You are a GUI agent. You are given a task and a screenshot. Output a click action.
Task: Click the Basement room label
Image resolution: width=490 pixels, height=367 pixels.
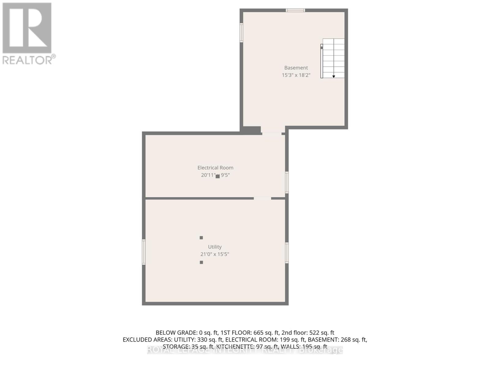[296, 68]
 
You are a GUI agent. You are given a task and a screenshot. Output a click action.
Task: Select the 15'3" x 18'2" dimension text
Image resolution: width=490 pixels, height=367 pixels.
[296, 75]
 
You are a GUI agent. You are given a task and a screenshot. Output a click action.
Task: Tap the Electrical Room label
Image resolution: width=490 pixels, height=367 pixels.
[215, 168]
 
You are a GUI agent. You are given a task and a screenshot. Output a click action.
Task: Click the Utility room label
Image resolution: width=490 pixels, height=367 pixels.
[215, 247]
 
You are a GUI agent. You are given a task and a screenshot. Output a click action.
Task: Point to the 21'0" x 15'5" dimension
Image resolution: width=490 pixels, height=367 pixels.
[215, 254]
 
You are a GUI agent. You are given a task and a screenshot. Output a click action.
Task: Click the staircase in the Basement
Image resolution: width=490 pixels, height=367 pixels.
[333, 58]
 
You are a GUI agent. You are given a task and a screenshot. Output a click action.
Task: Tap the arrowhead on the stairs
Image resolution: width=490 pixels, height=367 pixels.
[334, 76]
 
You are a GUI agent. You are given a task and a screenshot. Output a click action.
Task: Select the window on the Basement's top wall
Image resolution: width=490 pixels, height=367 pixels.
[295, 10]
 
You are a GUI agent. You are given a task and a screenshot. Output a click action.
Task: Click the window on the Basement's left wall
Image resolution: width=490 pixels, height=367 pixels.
[241, 33]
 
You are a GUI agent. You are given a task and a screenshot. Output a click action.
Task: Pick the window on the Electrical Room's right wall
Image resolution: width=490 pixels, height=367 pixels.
[287, 182]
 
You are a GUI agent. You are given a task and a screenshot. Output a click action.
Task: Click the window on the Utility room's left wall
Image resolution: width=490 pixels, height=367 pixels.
[144, 252]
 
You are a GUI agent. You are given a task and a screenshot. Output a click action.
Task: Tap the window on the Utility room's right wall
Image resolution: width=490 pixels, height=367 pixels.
[287, 253]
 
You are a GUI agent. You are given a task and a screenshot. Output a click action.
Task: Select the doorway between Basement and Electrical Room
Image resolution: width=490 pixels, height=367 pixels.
[272, 133]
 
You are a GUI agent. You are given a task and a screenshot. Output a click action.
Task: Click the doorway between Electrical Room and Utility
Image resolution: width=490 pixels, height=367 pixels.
[262, 198]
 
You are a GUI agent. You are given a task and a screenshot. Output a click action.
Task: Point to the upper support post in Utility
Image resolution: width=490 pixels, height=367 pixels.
[201, 238]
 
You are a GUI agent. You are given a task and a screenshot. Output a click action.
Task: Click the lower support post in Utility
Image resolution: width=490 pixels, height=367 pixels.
[201, 262]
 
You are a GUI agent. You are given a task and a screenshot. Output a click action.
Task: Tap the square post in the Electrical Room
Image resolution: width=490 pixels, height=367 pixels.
[217, 176]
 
